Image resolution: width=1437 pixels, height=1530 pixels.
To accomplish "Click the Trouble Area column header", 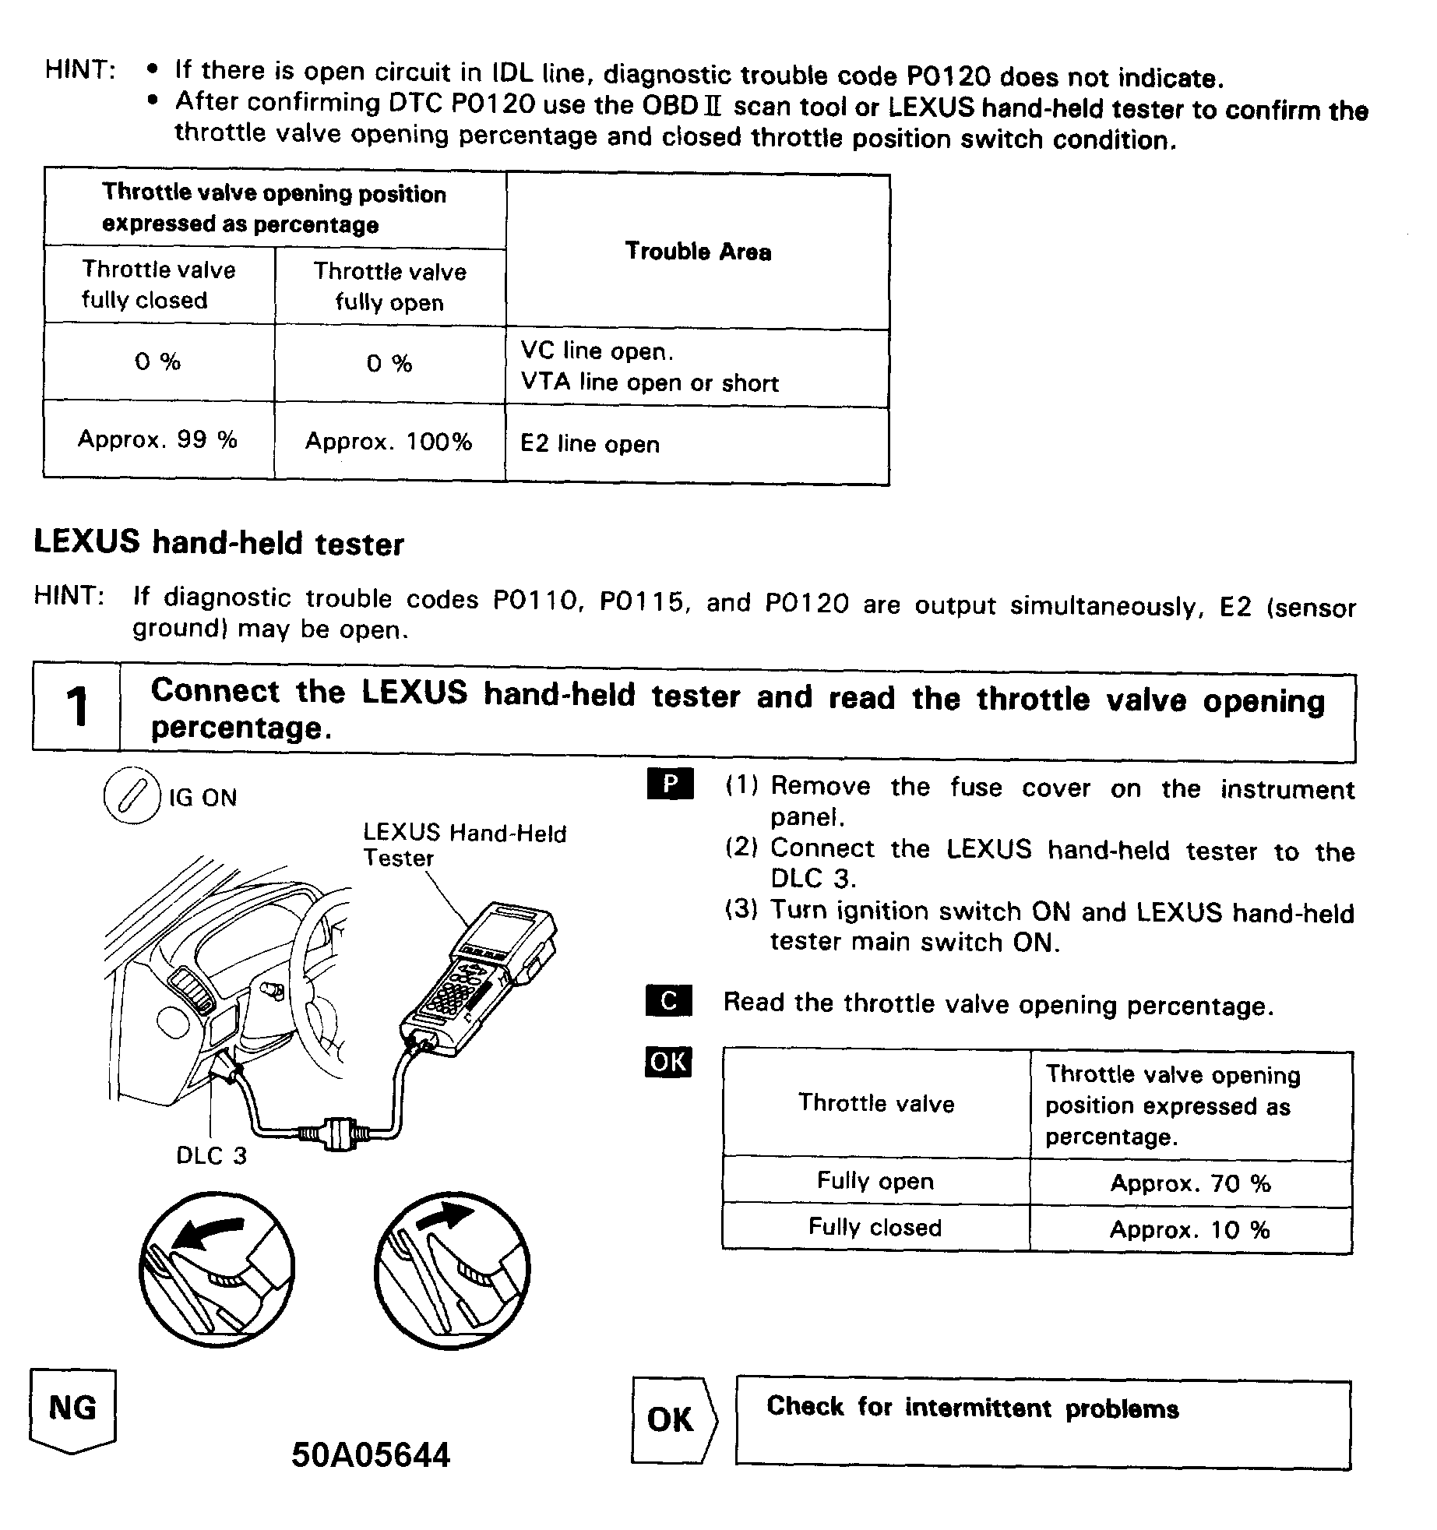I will click(698, 252).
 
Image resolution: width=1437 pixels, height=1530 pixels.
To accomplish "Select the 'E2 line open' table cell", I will click(590, 444).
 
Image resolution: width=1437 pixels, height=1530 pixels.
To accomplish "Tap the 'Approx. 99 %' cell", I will click(157, 440).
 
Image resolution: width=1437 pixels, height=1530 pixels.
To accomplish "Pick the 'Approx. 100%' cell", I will click(389, 442).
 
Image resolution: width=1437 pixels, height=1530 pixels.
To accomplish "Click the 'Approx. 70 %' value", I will click(1190, 1184).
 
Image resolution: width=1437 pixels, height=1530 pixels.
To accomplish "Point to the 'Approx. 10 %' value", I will click(1189, 1230).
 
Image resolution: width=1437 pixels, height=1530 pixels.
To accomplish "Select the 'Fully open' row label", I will click(875, 1182).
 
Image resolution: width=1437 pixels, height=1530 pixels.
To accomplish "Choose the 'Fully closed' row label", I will click(875, 1228).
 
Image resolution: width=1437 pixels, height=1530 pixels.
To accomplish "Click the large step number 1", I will click(76, 707).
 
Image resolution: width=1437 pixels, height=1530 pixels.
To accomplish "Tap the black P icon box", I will click(670, 784).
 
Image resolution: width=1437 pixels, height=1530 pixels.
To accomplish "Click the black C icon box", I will click(668, 1001).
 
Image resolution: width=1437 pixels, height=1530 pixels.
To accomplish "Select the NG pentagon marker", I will click(72, 1409).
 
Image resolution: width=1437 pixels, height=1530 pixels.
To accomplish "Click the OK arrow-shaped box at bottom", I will click(671, 1419).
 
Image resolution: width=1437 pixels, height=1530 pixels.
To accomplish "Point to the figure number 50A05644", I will click(371, 1455).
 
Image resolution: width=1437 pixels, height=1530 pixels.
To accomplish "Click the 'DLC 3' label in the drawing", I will click(211, 1155).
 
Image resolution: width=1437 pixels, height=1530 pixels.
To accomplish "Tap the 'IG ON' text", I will click(203, 798).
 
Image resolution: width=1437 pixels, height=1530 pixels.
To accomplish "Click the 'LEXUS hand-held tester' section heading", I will click(219, 543).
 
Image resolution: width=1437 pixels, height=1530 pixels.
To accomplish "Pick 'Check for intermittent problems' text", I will click(972, 1408).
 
